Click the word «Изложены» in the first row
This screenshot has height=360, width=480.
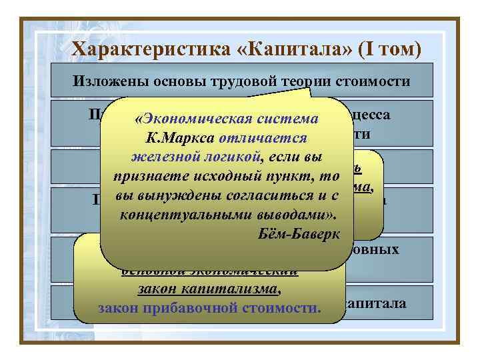(x=109, y=81)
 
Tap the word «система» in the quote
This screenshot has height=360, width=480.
(x=287, y=120)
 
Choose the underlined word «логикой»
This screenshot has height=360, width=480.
(x=227, y=157)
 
